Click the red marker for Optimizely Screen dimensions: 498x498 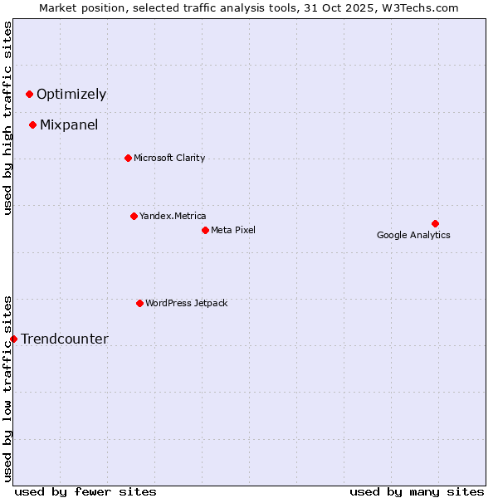pos(30,95)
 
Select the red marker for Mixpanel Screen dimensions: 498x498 pos(33,125)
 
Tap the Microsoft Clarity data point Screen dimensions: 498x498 pos(128,159)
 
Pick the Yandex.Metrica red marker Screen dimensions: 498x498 pos(134,217)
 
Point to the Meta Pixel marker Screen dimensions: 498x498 pos(205,231)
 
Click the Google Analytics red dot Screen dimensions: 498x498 pos(435,224)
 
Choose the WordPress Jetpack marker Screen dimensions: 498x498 pos(139,304)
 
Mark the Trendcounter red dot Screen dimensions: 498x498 pos(14,339)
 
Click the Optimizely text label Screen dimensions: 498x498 pos(71,95)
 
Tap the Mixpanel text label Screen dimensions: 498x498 pos(69,125)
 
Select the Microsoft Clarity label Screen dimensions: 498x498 pos(169,159)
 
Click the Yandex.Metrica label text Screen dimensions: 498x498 pos(173,217)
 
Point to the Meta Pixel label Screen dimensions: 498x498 pos(233,231)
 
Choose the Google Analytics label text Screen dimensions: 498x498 pos(413,236)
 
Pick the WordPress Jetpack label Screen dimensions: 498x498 pos(186,304)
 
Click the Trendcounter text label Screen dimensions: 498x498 pos(65,339)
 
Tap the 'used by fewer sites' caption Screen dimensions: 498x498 pos(85,491)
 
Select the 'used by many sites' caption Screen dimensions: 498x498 pos(417,491)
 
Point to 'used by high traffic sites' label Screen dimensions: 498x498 pos(8,118)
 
